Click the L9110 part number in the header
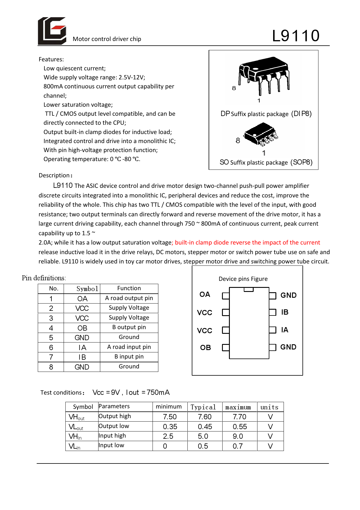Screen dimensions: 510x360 pyautogui.click(x=296, y=36)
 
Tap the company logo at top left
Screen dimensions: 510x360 pyautogui.click(x=52, y=31)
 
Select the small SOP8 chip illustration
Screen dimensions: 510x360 pyautogui.click(x=261, y=134)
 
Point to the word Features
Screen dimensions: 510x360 pyautogui.click(x=51, y=59)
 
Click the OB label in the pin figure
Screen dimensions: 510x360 pyautogui.click(x=205, y=347)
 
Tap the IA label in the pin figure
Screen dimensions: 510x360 pyautogui.click(x=285, y=330)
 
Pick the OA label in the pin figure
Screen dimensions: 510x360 pyautogui.click(x=205, y=295)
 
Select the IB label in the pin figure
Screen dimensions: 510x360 pyautogui.click(x=285, y=312)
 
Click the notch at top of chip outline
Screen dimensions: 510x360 pyautogui.click(x=249, y=289)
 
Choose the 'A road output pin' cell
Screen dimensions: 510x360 pyautogui.click(x=129, y=298)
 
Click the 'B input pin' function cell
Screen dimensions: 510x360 pyautogui.click(x=129, y=356)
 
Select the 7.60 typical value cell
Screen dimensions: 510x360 pyautogui.click(x=205, y=417)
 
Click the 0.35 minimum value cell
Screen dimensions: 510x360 pyautogui.click(x=170, y=427)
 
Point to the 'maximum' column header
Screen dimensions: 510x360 pyautogui.click(x=238, y=407)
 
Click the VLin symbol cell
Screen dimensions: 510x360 pyautogui.click(x=74, y=446)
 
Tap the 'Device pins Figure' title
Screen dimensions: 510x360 pyautogui.click(x=243, y=279)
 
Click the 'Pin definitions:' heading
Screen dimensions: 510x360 pyautogui.click(x=44, y=278)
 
